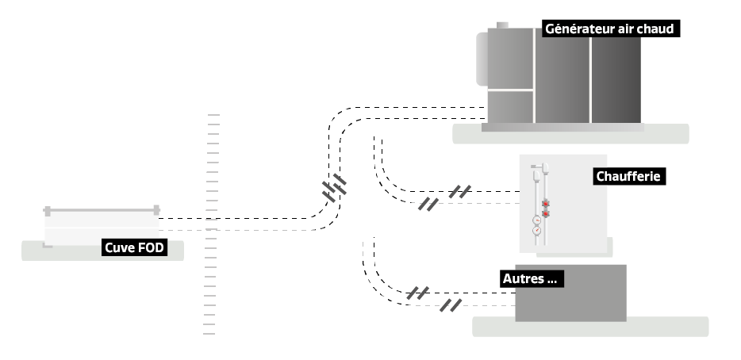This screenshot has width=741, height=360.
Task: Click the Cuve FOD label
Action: [136, 248]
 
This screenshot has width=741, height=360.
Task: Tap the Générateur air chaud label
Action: [609, 29]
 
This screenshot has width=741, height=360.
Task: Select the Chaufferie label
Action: [628, 177]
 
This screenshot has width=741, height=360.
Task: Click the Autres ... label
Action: [531, 278]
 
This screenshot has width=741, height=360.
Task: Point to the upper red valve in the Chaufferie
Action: [546, 205]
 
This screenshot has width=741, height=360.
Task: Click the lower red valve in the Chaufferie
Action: [546, 213]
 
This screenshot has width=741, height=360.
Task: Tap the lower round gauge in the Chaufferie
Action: [537, 232]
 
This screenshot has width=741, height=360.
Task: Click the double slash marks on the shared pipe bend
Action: [334, 188]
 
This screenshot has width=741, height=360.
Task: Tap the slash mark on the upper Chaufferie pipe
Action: [459, 191]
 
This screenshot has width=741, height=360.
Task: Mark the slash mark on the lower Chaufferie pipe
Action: [428, 204]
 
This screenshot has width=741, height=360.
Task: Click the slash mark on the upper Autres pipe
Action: [417, 293]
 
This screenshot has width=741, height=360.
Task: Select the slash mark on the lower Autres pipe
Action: [451, 305]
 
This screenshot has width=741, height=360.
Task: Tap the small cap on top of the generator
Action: [503, 24]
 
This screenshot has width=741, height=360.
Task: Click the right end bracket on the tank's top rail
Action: [156, 210]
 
